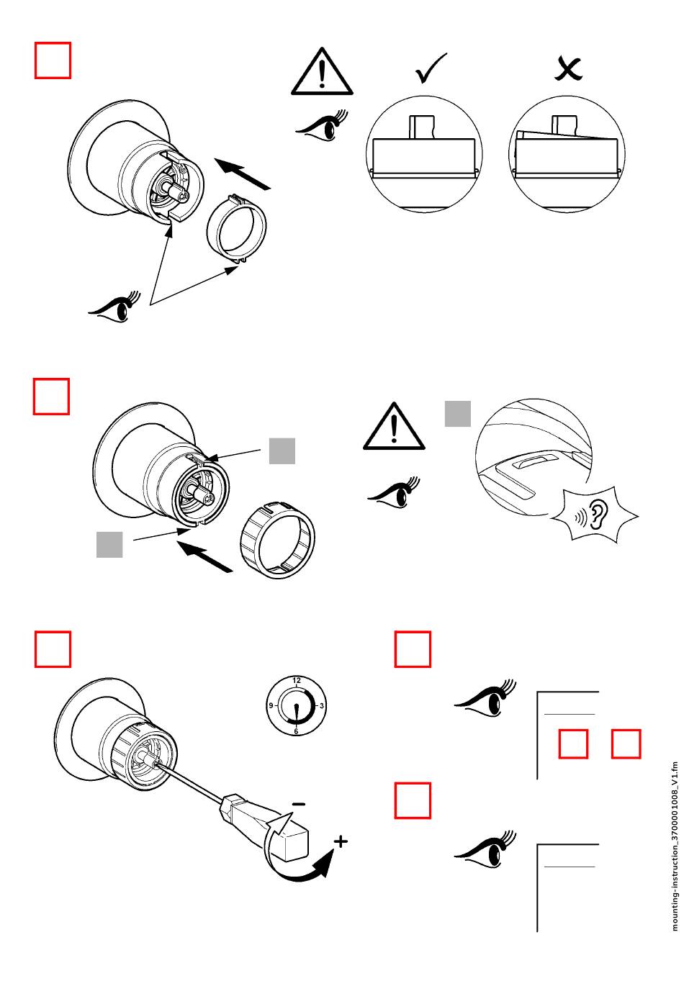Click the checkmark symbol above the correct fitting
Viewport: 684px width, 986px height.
pyautogui.click(x=431, y=68)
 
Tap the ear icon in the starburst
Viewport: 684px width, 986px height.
pyautogui.click(x=597, y=515)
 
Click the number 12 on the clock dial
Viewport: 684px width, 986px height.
pyautogui.click(x=297, y=680)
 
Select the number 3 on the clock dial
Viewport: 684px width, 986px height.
pyautogui.click(x=322, y=706)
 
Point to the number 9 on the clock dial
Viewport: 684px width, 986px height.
pyautogui.click(x=271, y=706)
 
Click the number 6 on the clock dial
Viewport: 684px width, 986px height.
pyautogui.click(x=296, y=731)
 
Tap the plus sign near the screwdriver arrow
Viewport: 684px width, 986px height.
pyautogui.click(x=341, y=841)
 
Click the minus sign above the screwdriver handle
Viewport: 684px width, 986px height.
pyautogui.click(x=299, y=803)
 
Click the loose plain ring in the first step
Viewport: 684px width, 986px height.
pyautogui.click(x=236, y=230)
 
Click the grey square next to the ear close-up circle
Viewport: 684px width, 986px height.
pyautogui.click(x=457, y=413)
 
